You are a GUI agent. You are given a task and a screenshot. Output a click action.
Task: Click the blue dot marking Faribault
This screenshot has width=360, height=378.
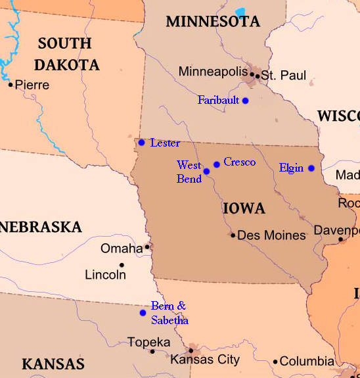tap(245, 101)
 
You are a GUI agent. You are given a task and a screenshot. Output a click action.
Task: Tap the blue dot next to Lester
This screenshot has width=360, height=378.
tap(141, 142)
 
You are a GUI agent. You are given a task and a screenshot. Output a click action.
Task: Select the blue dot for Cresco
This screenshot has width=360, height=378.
tap(216, 164)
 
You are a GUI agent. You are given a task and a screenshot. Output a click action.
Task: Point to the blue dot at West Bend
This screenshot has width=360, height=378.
tap(206, 171)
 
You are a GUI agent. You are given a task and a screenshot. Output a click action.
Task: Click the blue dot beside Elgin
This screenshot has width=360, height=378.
tap(311, 168)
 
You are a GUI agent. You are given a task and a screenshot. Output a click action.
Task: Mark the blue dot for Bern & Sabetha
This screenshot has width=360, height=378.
tap(143, 312)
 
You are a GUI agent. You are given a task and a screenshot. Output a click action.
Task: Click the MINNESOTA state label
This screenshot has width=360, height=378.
tap(213, 22)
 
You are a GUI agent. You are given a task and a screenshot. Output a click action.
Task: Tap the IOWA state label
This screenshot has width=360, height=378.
tap(244, 209)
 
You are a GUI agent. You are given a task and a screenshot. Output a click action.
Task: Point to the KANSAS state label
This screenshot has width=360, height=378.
tap(53, 364)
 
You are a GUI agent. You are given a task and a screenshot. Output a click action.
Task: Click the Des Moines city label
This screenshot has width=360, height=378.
tap(271, 235)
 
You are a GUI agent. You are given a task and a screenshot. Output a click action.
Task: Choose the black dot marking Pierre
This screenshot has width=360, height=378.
tap(11, 84)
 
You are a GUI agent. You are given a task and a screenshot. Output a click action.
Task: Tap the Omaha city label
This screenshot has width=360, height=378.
tap(122, 248)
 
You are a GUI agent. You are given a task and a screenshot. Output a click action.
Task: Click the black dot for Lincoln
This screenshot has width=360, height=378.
tap(122, 265)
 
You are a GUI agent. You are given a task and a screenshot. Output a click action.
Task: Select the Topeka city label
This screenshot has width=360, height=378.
tap(148, 343)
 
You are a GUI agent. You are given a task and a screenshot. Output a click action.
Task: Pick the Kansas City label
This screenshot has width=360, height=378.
tap(204, 360)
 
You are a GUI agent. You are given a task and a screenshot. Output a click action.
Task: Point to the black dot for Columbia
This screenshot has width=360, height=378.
tap(275, 362)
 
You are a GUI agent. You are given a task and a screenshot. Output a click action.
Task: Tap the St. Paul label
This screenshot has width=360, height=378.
tap(284, 76)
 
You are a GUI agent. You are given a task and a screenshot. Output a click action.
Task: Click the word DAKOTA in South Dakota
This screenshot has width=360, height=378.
tap(67, 64)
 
